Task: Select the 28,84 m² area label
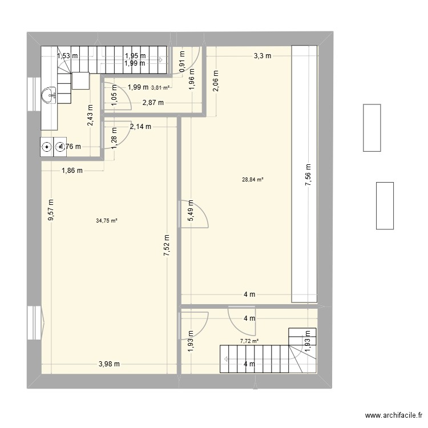(x=252, y=180)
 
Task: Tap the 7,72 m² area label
(x=249, y=341)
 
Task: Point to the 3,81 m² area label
(x=160, y=87)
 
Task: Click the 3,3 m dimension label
(x=263, y=55)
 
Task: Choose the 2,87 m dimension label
(x=153, y=103)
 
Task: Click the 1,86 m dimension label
(x=72, y=170)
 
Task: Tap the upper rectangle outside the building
(x=372, y=127)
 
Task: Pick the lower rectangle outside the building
(x=384, y=205)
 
